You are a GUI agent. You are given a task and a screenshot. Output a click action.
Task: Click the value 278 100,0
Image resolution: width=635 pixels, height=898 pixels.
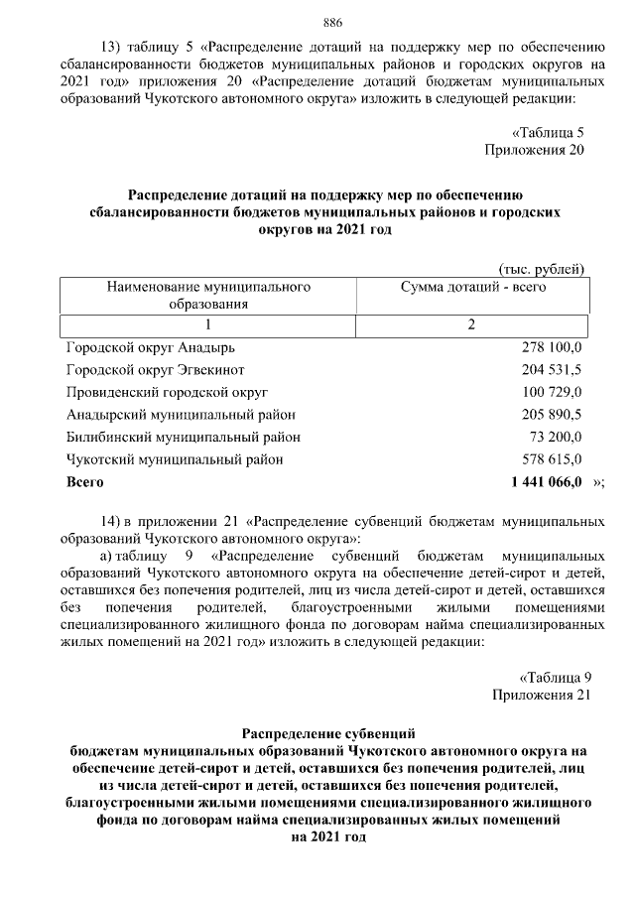click(x=552, y=348)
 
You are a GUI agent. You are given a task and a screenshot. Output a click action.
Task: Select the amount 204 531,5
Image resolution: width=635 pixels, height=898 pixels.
click(x=552, y=370)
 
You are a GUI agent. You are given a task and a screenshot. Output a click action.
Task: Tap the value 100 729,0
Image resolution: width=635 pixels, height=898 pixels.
click(x=552, y=393)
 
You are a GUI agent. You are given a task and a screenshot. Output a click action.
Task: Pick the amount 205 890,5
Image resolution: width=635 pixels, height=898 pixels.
click(x=552, y=415)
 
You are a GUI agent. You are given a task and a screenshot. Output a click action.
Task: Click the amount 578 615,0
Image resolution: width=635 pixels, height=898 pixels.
click(x=552, y=459)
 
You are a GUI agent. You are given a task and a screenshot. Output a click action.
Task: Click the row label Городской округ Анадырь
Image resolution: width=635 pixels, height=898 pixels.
click(x=151, y=348)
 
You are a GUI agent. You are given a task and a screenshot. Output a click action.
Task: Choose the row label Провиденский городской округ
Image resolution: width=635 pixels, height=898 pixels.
click(x=167, y=393)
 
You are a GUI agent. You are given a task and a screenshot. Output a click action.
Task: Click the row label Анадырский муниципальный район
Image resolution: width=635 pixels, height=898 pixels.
click(x=181, y=415)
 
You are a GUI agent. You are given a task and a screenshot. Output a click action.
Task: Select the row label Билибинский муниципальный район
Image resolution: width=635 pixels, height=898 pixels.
click(x=184, y=438)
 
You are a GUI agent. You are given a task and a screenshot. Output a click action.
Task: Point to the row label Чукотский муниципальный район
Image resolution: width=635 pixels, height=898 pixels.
click(x=175, y=459)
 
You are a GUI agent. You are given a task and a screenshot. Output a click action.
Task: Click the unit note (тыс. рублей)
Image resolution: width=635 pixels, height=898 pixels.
click(x=541, y=268)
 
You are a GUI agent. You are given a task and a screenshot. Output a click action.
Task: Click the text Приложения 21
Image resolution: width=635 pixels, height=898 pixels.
click(x=542, y=695)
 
